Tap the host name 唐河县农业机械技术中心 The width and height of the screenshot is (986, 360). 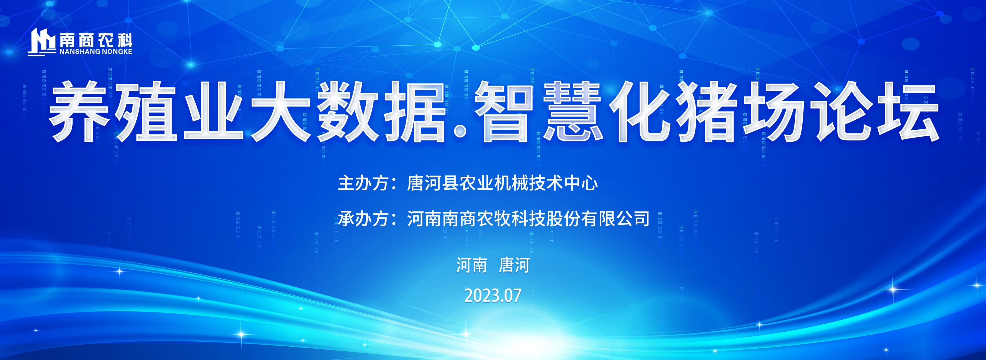[502, 183]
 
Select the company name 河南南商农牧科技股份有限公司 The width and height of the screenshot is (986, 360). [528, 219]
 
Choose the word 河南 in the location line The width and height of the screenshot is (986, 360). [471, 265]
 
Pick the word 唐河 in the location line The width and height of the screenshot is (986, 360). [514, 265]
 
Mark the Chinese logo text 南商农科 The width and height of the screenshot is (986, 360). [96, 40]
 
